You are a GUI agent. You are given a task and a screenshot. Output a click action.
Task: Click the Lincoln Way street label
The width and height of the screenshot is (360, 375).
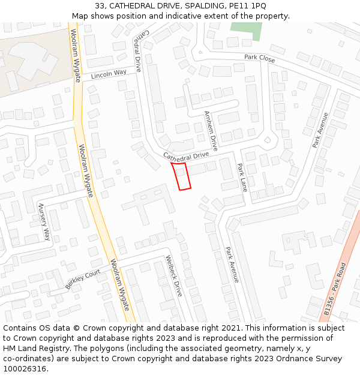point(109,74)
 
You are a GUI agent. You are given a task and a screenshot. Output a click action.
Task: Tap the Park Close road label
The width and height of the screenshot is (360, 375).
point(259,59)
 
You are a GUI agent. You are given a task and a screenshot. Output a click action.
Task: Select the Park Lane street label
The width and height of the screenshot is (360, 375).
point(242,177)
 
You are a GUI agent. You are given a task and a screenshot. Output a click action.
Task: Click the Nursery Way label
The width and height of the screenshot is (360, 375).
point(44,221)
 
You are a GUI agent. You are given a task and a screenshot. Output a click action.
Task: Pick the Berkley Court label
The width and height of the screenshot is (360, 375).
point(83,279)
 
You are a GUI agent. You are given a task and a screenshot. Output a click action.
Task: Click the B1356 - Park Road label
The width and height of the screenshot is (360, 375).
point(335,289)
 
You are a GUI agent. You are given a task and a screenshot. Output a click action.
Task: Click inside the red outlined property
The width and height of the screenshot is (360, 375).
point(182,176)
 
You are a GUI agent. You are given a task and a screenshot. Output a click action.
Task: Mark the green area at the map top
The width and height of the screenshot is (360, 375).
point(246,29)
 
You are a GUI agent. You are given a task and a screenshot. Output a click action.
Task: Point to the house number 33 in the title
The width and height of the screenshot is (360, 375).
point(100,5)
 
